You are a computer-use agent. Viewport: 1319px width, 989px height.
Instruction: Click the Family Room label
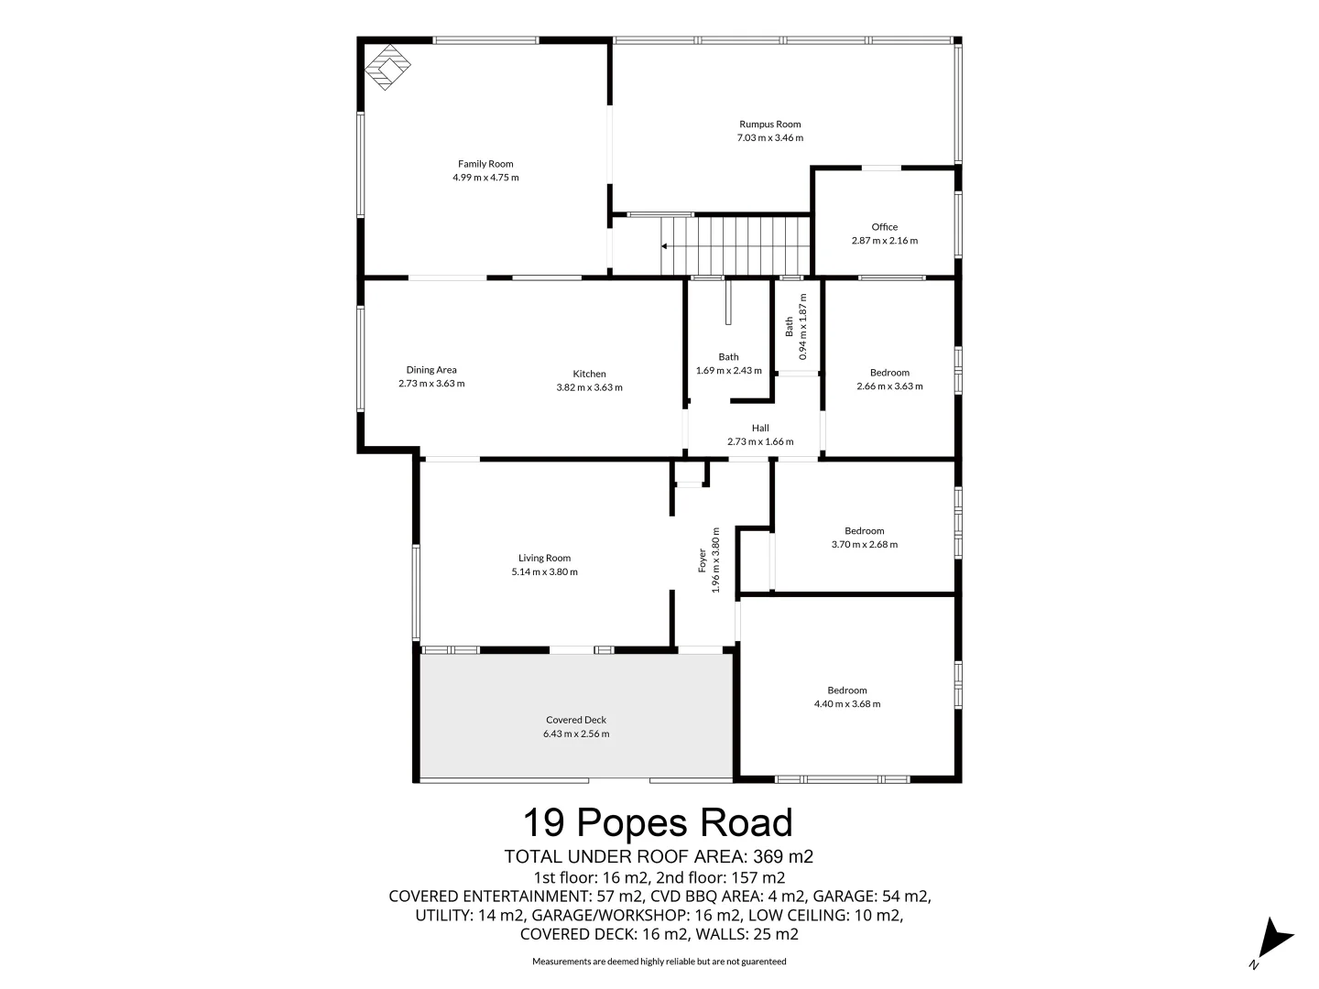(485, 164)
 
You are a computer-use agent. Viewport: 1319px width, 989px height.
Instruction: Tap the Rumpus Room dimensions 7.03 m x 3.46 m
(769, 138)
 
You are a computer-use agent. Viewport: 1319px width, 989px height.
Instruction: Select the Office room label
(884, 227)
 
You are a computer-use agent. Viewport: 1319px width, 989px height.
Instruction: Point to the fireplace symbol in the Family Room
(388, 70)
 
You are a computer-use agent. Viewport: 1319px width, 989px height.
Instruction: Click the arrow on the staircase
(665, 246)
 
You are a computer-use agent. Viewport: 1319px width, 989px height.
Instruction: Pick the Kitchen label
(589, 374)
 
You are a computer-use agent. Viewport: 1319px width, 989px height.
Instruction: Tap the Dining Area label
(431, 370)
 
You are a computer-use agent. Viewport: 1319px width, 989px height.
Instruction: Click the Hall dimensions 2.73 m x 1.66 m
(760, 441)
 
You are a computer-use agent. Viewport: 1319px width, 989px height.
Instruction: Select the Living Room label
(544, 558)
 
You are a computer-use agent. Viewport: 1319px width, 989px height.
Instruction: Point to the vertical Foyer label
(703, 560)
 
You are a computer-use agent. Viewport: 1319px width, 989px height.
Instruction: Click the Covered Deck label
(576, 720)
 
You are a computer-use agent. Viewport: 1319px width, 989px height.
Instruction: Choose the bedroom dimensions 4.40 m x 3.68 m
(846, 704)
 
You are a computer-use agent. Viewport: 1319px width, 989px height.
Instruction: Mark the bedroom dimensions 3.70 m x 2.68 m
(864, 544)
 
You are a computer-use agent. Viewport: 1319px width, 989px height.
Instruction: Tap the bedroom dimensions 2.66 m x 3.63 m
(889, 386)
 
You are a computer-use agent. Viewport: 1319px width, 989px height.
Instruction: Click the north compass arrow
(1274, 939)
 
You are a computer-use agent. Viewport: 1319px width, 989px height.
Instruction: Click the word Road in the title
(747, 822)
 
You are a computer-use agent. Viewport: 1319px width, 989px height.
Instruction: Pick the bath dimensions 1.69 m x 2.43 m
(728, 371)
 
